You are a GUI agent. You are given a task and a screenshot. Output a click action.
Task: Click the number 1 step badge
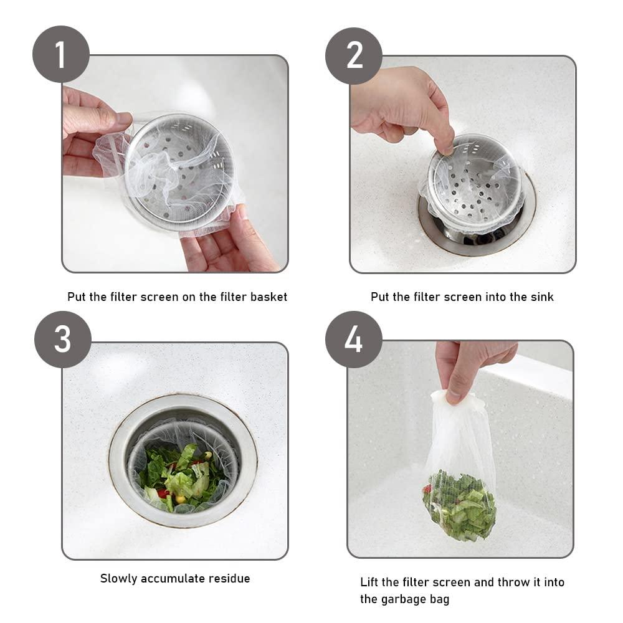61,54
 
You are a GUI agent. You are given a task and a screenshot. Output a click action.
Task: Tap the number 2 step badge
354,55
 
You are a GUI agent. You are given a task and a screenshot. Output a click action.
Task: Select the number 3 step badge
63,340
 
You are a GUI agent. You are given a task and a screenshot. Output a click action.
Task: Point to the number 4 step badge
354,340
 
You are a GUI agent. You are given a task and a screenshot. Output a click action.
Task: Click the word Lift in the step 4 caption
369,582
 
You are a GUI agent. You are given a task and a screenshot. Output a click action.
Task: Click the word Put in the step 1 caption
76,297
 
